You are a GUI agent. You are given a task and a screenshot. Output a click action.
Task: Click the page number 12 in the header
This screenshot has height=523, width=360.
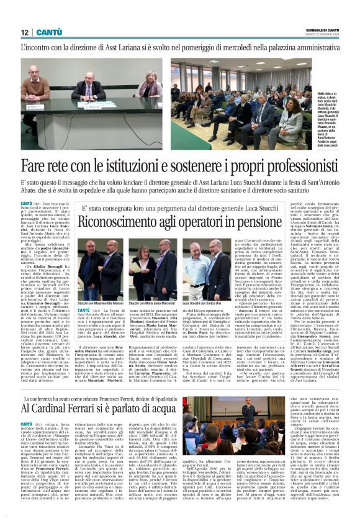click(25, 32)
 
